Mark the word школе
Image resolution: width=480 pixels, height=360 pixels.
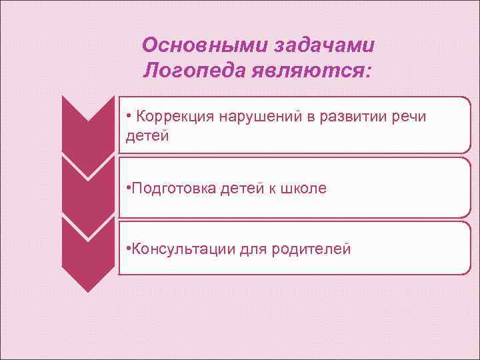(303, 188)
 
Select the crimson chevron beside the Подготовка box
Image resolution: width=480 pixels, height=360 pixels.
(88, 190)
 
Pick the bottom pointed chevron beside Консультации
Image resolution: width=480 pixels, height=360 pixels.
(88, 257)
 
